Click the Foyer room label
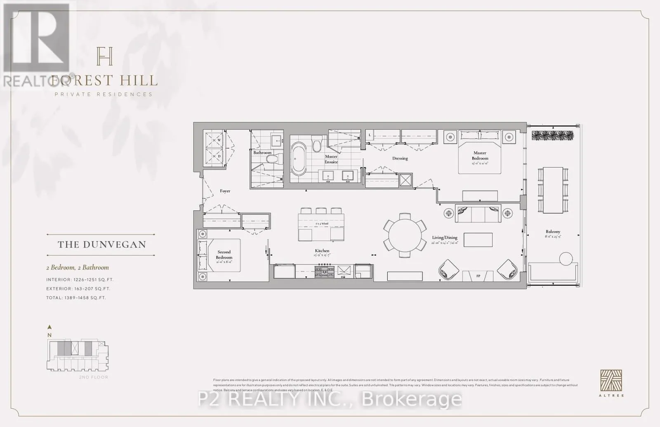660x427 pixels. pyautogui.click(x=225, y=191)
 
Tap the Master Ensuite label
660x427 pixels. pyautogui.click(x=331, y=159)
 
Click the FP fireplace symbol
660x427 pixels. pyautogui.click(x=478, y=276)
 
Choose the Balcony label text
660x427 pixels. pyautogui.click(x=553, y=232)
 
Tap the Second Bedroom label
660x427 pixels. pyautogui.click(x=224, y=255)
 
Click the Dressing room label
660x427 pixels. pyautogui.click(x=400, y=158)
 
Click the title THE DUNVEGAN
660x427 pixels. pyautogui.click(x=102, y=245)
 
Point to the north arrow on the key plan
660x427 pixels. pyautogui.click(x=49, y=327)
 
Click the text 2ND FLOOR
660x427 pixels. pyautogui.click(x=94, y=377)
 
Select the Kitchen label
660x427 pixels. pyautogui.click(x=322, y=251)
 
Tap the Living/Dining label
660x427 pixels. pyautogui.click(x=445, y=238)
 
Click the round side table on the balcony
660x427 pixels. pyautogui.click(x=566, y=259)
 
